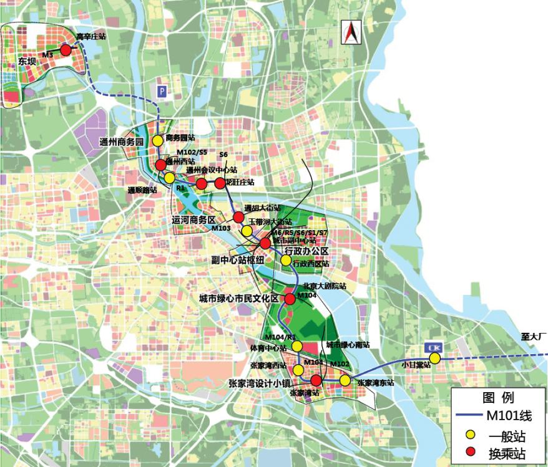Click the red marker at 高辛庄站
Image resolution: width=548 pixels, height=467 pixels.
pyautogui.click(x=66, y=50)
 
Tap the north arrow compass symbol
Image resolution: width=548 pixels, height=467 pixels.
pyautogui.click(x=350, y=32)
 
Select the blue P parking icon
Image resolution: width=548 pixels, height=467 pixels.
pyautogui.click(x=162, y=90)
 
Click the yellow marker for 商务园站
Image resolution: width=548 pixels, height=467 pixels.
pyautogui.click(x=158, y=141)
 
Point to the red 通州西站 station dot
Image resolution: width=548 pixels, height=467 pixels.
pyautogui.click(x=160, y=165)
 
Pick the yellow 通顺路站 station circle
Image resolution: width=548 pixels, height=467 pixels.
pyautogui.click(x=170, y=178)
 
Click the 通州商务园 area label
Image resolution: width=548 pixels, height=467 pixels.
pyautogui.click(x=122, y=142)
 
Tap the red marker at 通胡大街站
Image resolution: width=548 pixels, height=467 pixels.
pyautogui.click(x=238, y=217)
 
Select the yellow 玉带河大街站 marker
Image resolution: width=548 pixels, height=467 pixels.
pyautogui.click(x=247, y=231)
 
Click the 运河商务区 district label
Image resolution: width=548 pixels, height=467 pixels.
pyautogui.click(x=193, y=220)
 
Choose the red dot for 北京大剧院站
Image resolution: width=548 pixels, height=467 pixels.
pyautogui.click(x=290, y=299)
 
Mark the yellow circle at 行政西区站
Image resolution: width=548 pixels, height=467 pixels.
pyautogui.click(x=286, y=260)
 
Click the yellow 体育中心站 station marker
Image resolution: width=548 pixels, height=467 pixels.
pyautogui.click(x=296, y=346)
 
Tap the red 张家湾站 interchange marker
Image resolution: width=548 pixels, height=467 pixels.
pyautogui.click(x=316, y=380)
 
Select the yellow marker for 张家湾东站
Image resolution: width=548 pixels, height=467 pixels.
pyautogui.click(x=345, y=380)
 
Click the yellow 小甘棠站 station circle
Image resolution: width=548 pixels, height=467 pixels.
pyautogui.click(x=434, y=358)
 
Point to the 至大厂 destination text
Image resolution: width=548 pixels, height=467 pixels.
pyautogui.click(x=534, y=336)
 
